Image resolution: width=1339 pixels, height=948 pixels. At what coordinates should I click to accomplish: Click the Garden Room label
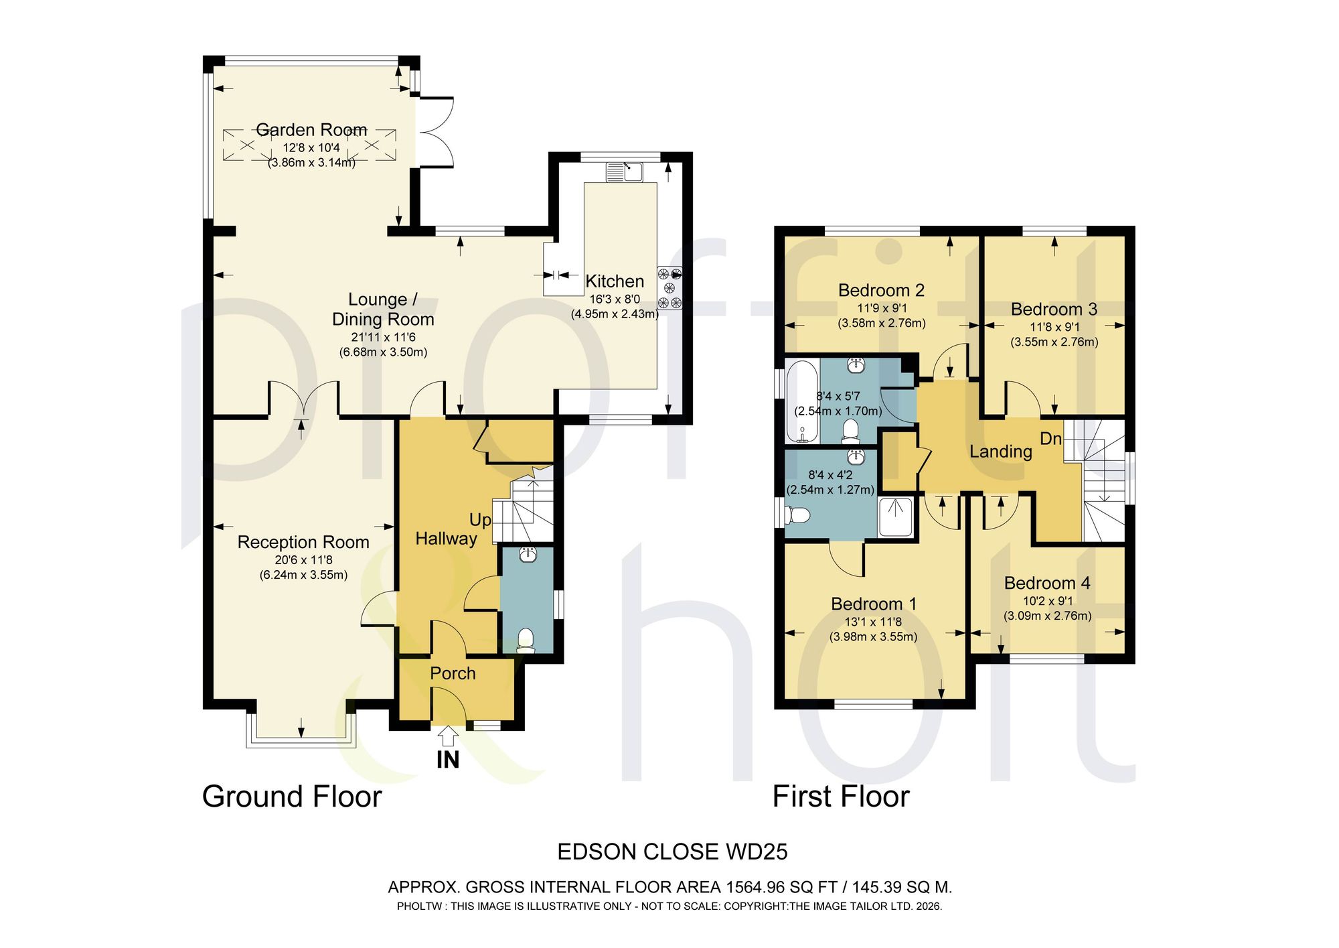311,129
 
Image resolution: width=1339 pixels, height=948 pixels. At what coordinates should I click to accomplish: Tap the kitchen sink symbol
625,172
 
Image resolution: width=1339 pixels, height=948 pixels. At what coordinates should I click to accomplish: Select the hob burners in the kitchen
669,288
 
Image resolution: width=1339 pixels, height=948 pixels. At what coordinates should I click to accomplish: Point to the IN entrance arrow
448,737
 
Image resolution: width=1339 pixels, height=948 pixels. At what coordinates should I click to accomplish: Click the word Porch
453,673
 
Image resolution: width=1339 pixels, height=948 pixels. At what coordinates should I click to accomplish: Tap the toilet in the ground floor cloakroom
526,640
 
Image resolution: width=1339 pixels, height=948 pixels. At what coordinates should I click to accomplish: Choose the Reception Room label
303,542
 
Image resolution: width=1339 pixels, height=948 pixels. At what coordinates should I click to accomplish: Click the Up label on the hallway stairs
480,520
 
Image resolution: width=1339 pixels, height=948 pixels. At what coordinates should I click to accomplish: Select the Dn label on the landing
1050,439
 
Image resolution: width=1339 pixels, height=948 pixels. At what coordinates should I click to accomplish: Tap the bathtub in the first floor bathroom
802,402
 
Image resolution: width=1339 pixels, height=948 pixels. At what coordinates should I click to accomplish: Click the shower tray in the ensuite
896,517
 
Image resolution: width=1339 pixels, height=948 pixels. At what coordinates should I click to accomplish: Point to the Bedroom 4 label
1047,583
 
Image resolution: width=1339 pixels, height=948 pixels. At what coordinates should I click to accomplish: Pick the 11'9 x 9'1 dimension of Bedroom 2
882,308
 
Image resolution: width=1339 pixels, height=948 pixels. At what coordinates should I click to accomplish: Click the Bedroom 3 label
1054,309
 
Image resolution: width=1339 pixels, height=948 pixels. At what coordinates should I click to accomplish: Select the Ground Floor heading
292,797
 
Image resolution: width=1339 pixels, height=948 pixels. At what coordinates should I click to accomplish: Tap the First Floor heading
841,797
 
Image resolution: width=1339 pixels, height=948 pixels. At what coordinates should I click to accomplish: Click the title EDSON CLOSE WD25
672,852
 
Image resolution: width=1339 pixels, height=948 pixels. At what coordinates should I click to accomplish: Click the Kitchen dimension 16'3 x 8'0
615,299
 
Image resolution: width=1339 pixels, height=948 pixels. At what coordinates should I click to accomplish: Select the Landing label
1001,452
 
